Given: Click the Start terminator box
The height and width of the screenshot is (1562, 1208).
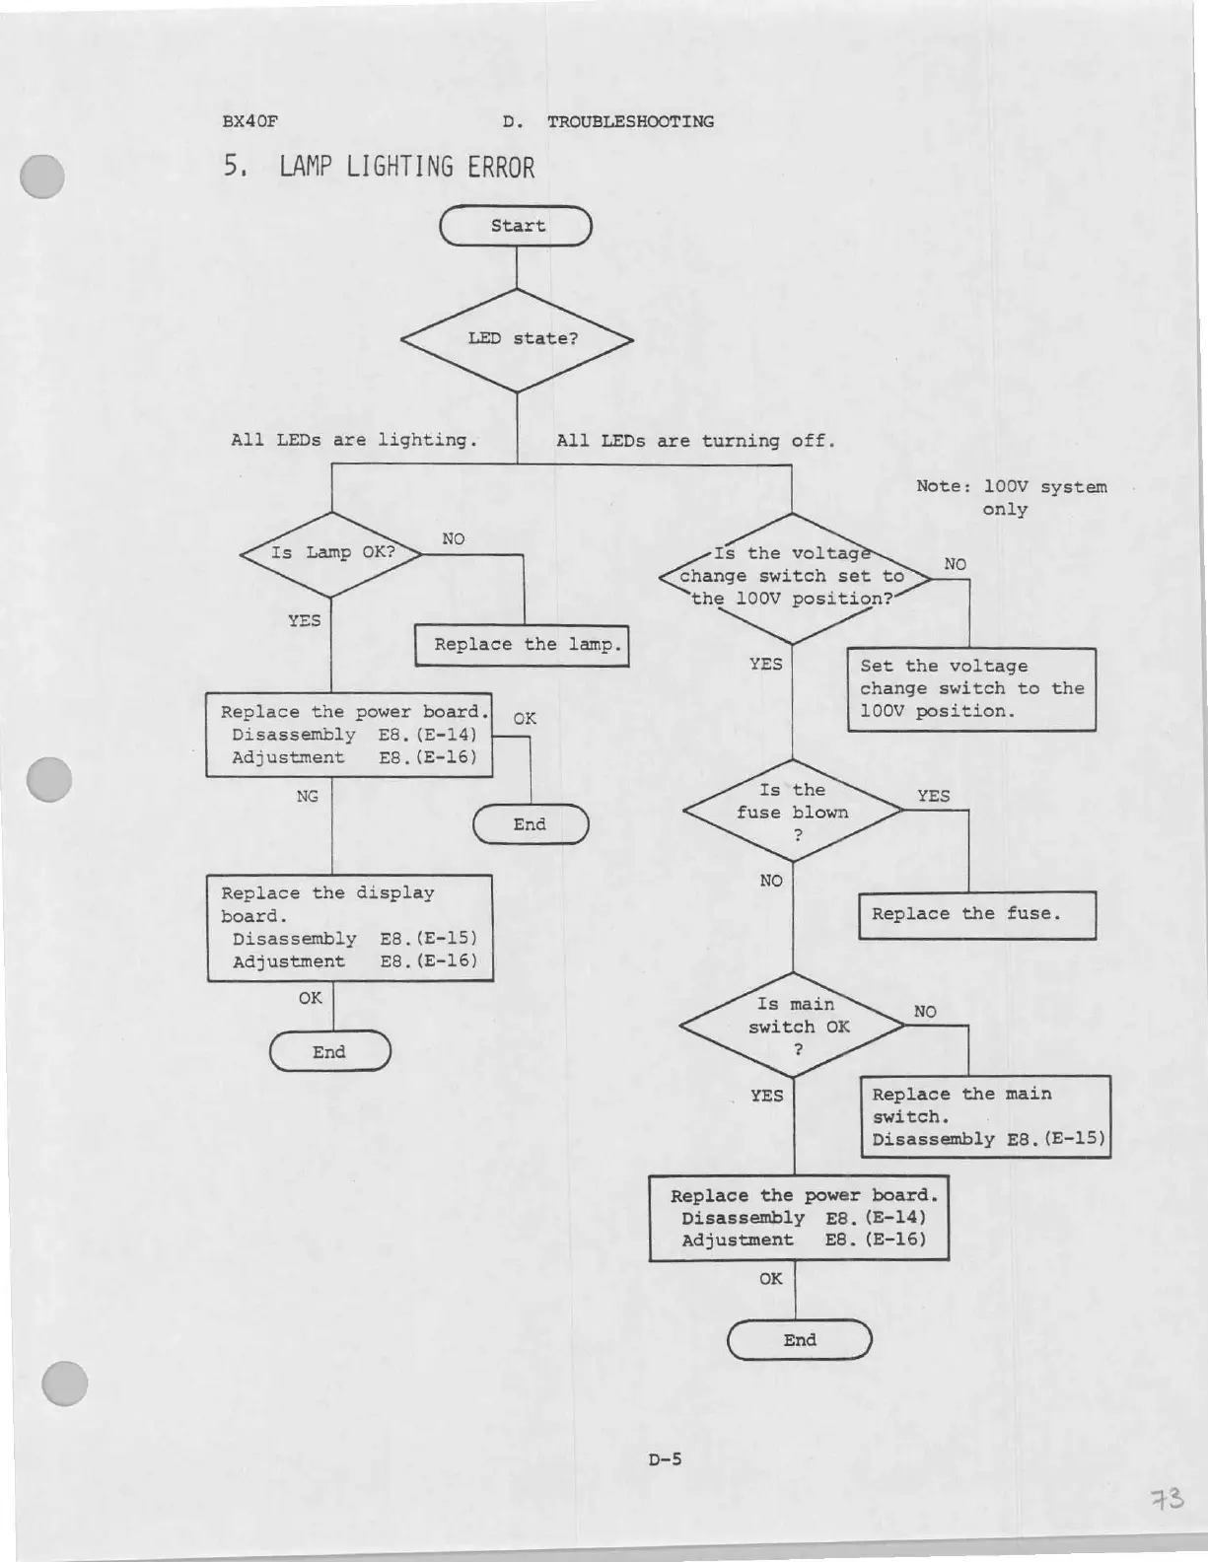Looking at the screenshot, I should [516, 226].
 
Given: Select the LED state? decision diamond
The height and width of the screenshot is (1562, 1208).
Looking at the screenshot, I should [517, 339].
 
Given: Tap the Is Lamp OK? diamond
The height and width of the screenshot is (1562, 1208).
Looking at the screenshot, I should [331, 553].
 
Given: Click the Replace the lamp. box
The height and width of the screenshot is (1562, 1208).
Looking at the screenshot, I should [522, 645].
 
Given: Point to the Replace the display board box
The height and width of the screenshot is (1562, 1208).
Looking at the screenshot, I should [350, 927].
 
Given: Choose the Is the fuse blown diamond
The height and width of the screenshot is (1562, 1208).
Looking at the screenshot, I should [793, 812].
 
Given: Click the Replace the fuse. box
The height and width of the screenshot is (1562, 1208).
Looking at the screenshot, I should [976, 914].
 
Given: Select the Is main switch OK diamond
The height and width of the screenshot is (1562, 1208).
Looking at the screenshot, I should [793, 1026].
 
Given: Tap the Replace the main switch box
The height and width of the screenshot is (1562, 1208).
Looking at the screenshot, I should [985, 1116].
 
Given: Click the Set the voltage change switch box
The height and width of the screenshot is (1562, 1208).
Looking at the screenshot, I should [971, 688].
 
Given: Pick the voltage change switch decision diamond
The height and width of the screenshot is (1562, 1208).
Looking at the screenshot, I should [792, 577].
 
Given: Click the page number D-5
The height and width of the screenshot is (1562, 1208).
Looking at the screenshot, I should [665, 1459].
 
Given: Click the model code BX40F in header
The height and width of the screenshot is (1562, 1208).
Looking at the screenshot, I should [250, 121].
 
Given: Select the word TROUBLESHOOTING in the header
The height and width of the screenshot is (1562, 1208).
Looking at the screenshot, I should [630, 121].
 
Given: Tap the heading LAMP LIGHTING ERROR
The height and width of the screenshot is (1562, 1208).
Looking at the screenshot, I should [406, 167].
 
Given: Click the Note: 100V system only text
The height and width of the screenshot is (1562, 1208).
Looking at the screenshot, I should [1011, 497].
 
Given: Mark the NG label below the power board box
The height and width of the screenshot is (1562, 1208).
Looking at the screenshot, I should [308, 796].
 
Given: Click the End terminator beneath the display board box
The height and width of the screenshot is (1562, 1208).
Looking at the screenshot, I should [330, 1051].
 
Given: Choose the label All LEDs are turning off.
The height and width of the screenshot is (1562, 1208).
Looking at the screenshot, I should [695, 441].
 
